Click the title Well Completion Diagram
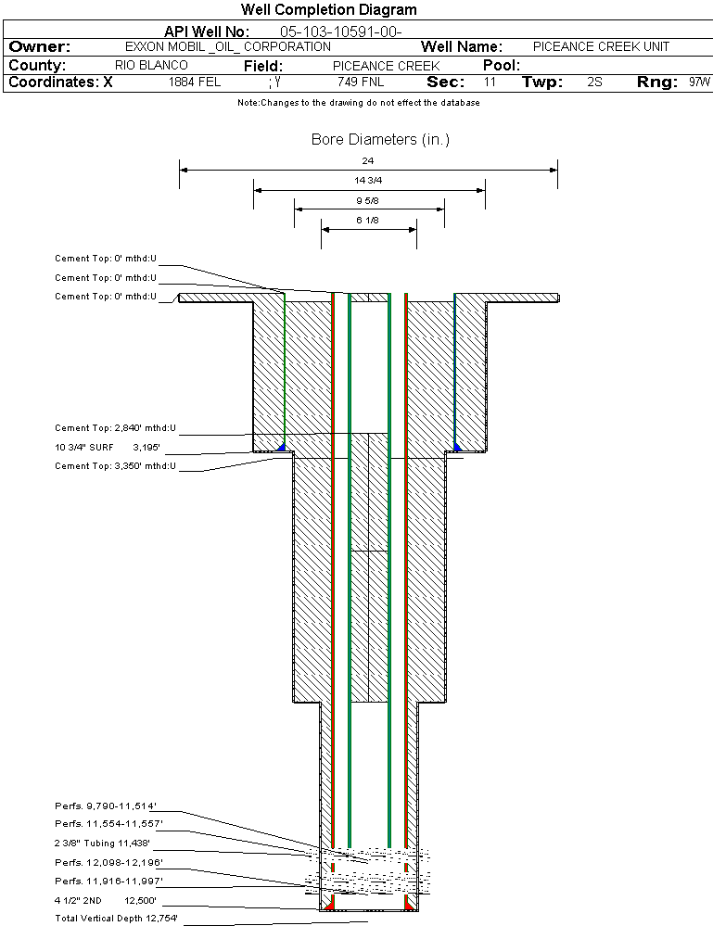(328, 10)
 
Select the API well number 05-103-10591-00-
(340, 32)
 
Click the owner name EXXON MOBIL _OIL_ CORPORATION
(227, 46)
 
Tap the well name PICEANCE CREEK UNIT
(601, 46)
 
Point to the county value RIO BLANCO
(151, 66)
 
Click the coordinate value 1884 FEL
(195, 82)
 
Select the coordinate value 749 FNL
(361, 82)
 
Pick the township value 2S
(595, 82)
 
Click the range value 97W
(700, 82)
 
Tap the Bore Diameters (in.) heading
(380, 140)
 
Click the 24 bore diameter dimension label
(368, 161)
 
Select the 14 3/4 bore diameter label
(368, 180)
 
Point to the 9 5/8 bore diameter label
(368, 200)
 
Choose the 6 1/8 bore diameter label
(368, 220)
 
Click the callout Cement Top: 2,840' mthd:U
(115, 429)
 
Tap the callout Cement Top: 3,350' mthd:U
(115, 466)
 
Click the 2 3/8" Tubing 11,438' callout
(102, 844)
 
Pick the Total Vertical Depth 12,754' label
(116, 919)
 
